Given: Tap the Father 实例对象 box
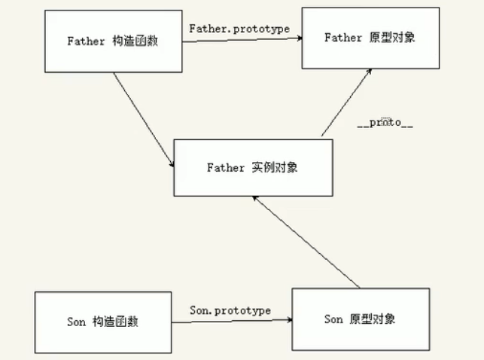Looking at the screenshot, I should [252, 167].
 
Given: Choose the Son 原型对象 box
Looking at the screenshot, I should [360, 319].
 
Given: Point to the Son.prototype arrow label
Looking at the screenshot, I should [230, 310].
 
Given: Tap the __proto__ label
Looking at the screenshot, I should [385, 121].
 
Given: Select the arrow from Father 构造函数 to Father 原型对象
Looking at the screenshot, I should [241, 39].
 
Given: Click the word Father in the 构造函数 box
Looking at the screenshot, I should [84, 41].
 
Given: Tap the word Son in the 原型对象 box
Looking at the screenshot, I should [333, 319].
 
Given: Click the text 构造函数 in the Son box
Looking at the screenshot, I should [116, 322].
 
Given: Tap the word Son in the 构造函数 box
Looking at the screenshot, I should [77, 322].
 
